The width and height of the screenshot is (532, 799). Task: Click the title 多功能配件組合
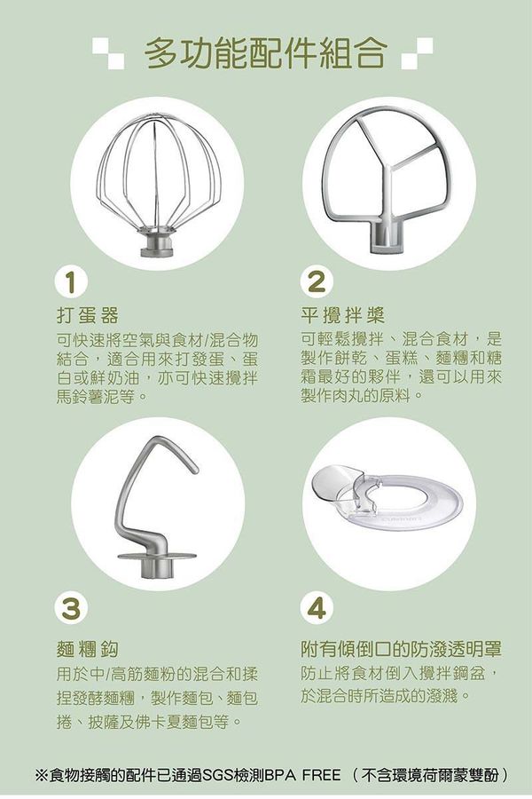click(x=265, y=53)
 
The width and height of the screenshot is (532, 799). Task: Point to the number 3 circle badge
click(x=69, y=607)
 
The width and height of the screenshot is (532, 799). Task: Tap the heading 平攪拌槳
click(x=342, y=315)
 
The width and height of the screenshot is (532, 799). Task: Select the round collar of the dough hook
click(x=156, y=559)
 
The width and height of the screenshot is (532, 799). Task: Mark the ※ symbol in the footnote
click(x=41, y=775)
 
